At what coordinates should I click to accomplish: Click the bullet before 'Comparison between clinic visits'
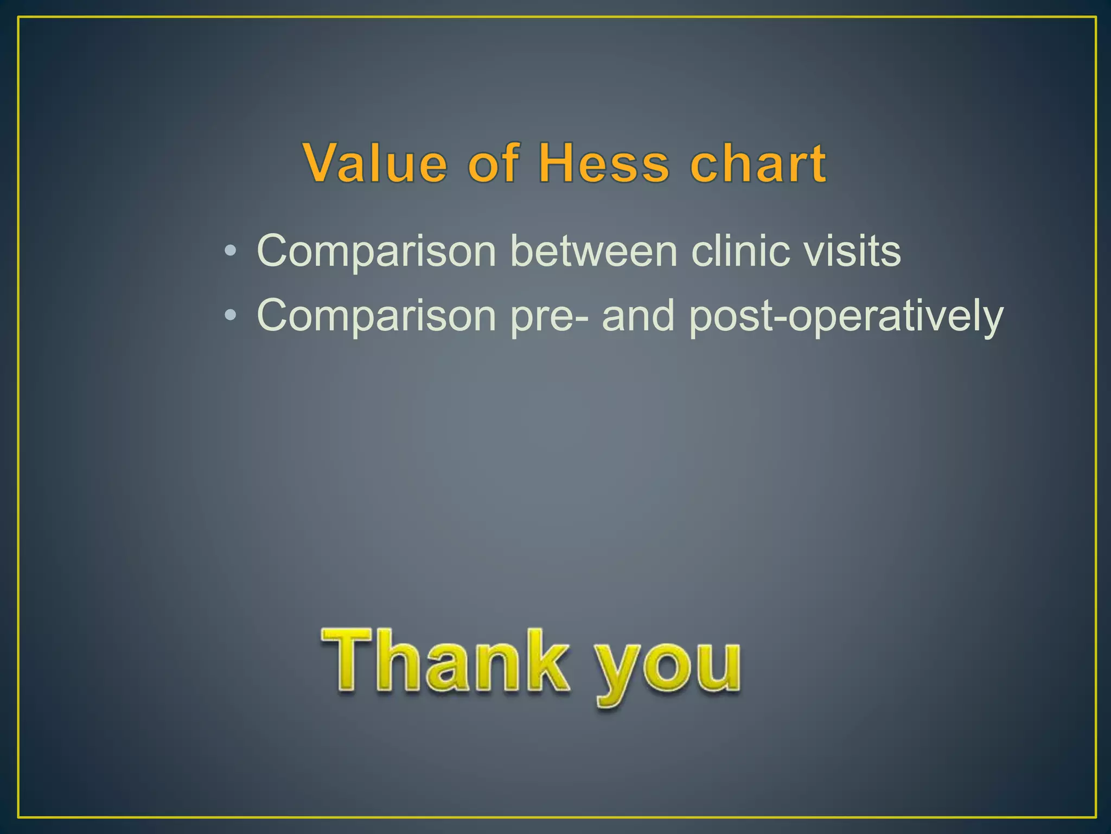(230, 251)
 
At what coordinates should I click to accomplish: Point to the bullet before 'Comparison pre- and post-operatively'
(230, 315)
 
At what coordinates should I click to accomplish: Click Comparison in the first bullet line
(376, 252)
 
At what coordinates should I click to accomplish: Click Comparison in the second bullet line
(376, 316)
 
